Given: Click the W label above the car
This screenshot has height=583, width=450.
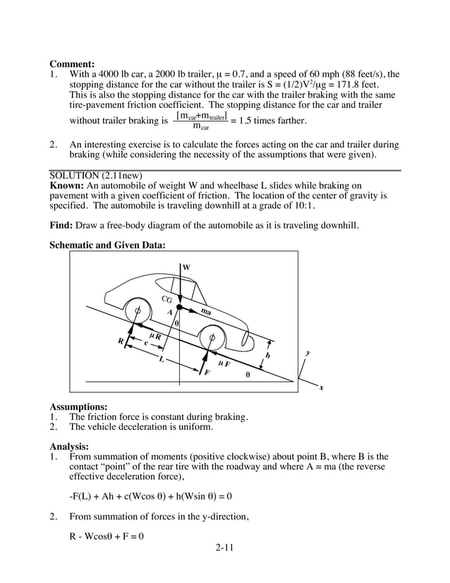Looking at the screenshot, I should (x=186, y=267).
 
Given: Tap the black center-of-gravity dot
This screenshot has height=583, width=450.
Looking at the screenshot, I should (x=180, y=308).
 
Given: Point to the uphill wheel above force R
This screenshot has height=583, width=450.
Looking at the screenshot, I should (x=137, y=310).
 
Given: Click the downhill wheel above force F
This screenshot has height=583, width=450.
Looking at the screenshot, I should (x=212, y=338).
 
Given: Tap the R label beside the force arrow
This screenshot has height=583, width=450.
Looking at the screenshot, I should (x=121, y=342).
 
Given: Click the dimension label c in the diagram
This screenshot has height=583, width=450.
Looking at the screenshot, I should (x=146, y=343).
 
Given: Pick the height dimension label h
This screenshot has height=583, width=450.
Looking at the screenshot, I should (x=267, y=355).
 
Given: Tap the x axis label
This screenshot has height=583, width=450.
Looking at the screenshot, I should (x=321, y=387).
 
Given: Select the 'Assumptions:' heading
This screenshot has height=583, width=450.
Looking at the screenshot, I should (x=78, y=407).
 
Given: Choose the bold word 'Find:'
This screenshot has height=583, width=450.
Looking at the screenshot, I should (x=62, y=226).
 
